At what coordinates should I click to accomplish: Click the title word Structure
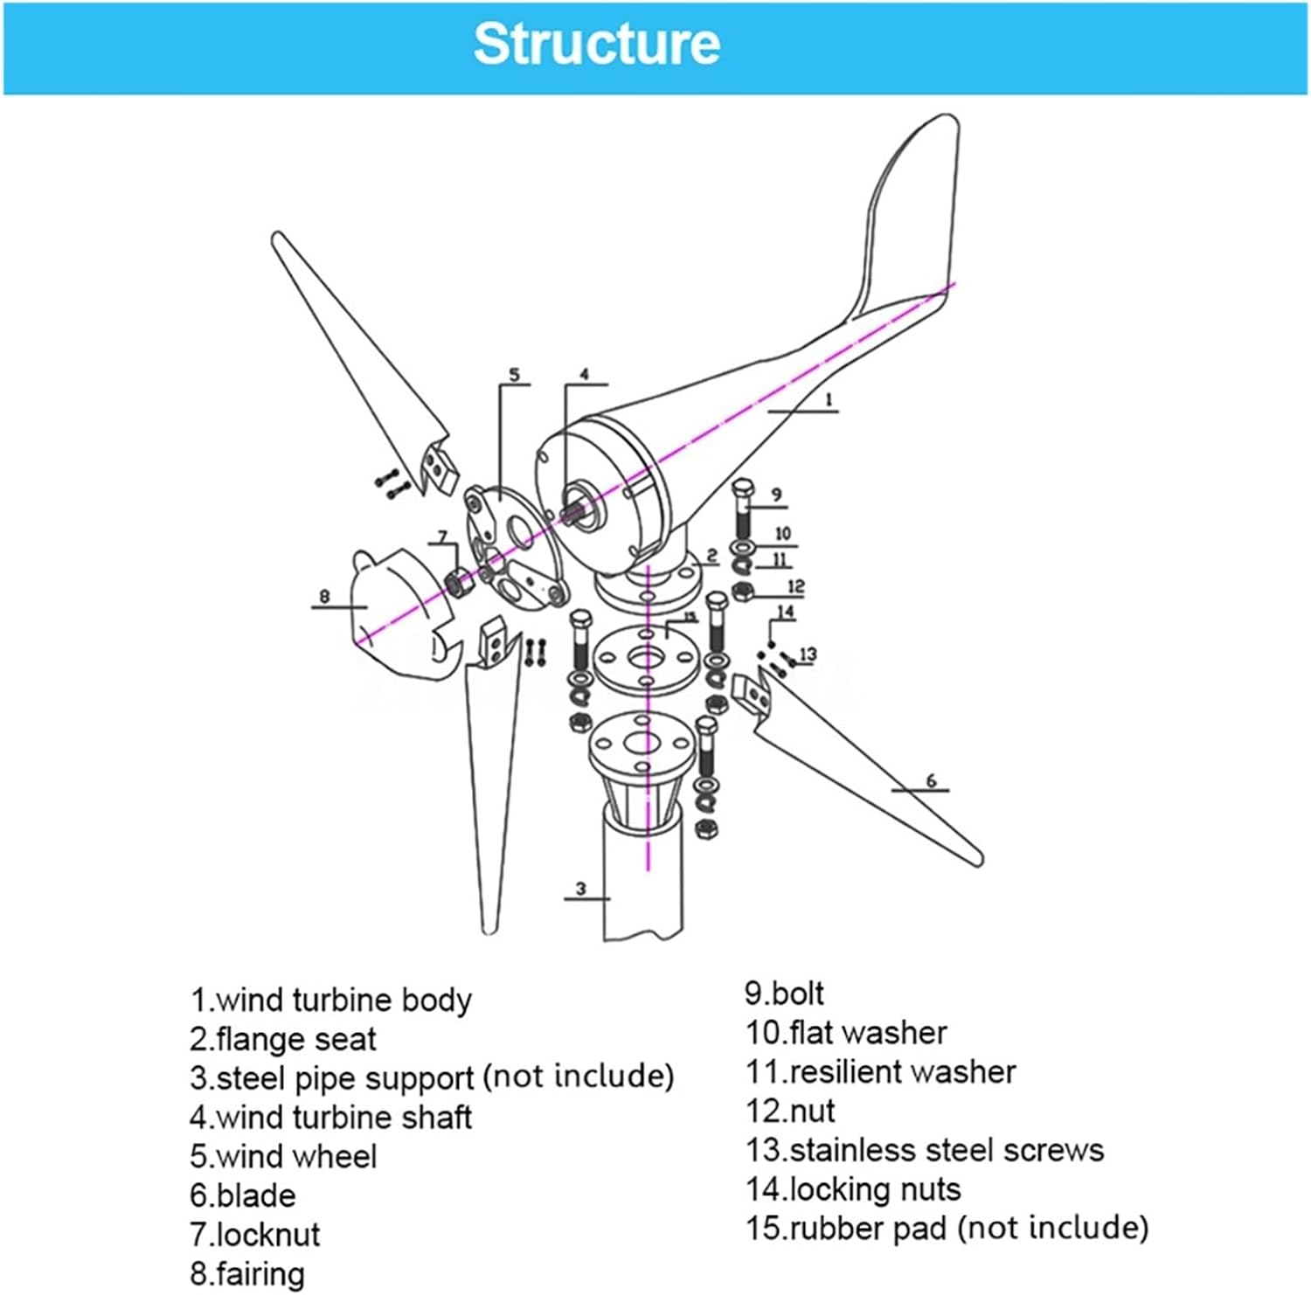click(596, 44)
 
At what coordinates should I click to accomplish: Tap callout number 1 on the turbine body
click(829, 400)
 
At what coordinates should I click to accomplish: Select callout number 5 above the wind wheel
click(514, 375)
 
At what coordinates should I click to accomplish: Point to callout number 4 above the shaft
click(584, 375)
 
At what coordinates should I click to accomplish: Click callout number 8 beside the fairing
click(324, 597)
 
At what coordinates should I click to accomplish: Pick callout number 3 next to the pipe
click(581, 890)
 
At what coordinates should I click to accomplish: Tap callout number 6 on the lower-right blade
click(931, 780)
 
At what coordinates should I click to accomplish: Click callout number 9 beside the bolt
click(776, 495)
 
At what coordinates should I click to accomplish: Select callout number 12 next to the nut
click(795, 586)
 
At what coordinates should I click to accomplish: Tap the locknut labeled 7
click(456, 580)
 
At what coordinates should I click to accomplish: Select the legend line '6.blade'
click(243, 1195)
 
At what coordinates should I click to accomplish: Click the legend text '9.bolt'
click(784, 994)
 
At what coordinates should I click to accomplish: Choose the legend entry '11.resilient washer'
click(880, 1072)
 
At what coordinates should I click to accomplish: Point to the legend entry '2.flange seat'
click(283, 1039)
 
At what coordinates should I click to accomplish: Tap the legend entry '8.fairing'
click(247, 1274)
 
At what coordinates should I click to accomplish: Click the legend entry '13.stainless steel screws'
click(925, 1150)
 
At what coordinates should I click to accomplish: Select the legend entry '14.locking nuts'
click(853, 1189)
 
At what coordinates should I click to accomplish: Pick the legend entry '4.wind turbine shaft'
click(330, 1118)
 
